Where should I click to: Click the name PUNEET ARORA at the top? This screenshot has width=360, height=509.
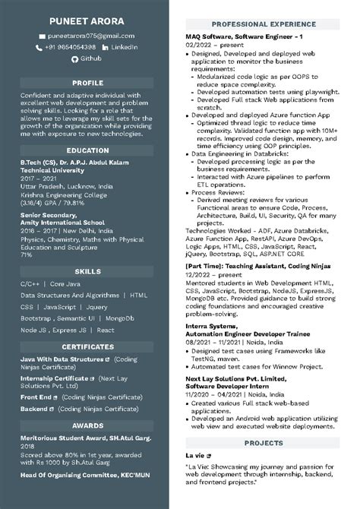(87, 20)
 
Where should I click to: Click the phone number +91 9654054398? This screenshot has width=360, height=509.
(70, 47)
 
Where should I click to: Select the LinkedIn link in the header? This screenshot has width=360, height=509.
(124, 47)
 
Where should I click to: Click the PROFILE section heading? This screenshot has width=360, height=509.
(87, 82)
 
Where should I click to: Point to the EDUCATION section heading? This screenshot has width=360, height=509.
(87, 150)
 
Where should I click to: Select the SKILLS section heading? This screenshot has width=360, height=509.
(87, 270)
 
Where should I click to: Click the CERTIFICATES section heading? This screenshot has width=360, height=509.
(87, 346)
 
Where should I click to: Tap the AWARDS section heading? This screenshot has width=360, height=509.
(87, 426)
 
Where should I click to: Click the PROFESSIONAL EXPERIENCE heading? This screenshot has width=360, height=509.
(264, 24)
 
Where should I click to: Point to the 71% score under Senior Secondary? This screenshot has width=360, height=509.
(26, 255)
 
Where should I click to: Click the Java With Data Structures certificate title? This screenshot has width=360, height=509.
(62, 359)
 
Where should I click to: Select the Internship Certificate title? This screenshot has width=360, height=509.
(54, 378)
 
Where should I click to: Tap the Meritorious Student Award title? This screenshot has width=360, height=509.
(86, 439)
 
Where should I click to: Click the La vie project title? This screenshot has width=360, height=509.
(196, 455)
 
